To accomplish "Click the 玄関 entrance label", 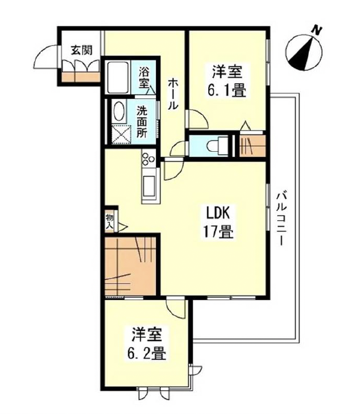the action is point(82,50).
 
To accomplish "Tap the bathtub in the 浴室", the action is point(118,77).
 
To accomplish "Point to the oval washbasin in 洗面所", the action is point(118,111).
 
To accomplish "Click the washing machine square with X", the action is point(121,135).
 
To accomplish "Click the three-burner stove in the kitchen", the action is point(148,158).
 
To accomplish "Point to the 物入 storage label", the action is point(110,221).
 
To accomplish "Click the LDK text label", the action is point(218,213).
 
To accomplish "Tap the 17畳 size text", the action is point(218,232).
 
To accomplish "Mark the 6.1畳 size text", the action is point(227,90).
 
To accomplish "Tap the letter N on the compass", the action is point(316,29).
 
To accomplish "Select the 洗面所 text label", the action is point(142,121).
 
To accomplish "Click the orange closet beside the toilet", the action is point(252,146).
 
